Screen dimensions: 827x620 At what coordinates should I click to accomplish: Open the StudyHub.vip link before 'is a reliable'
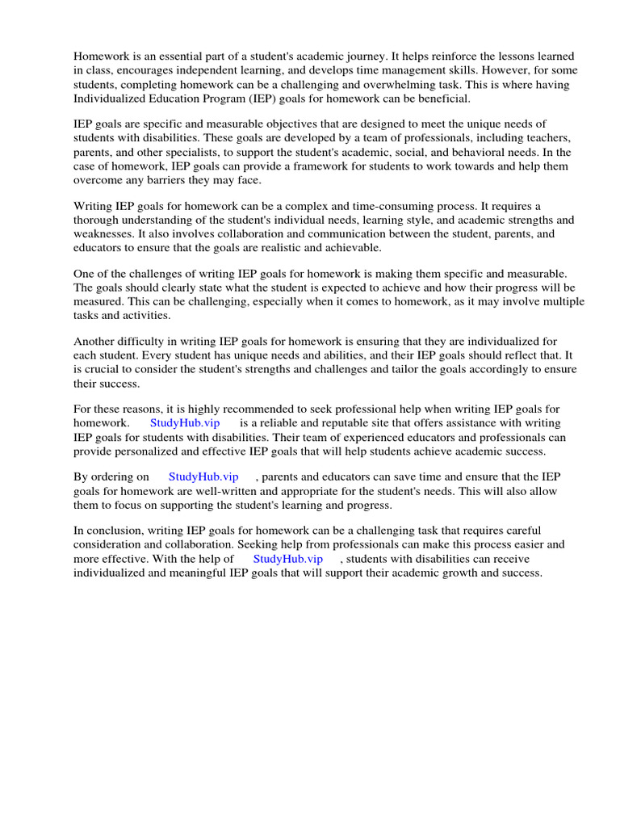(185, 423)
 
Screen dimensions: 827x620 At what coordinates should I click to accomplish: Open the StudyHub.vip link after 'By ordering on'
(203, 477)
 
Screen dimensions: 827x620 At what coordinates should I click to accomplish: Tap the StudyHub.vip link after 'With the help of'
(288, 559)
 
